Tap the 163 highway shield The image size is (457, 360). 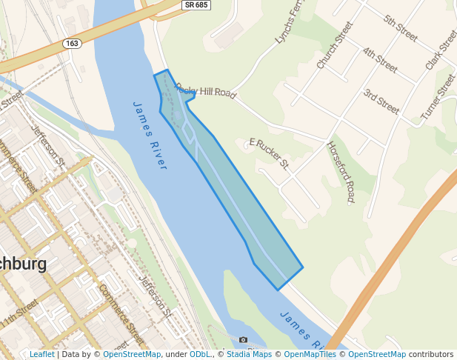tap(72, 44)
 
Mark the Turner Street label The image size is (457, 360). tap(438, 97)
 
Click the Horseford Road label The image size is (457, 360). tap(341, 172)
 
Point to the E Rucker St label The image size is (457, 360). tap(269, 151)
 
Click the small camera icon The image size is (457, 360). tap(243, 340)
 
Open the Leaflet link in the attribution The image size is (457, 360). tap(41, 354)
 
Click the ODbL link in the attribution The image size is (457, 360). tap(200, 354)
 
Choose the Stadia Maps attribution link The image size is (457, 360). tap(255, 354)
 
